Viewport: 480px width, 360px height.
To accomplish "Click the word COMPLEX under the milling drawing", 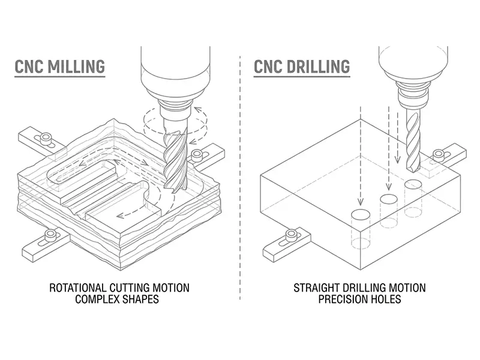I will (x=96, y=299).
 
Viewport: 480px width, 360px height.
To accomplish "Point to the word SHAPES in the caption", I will (x=141, y=299).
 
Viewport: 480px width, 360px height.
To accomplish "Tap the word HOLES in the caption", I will (x=386, y=299).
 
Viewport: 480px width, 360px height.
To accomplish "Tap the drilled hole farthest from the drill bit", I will (x=360, y=214).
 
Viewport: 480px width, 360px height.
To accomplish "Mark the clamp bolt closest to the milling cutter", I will (x=197, y=155).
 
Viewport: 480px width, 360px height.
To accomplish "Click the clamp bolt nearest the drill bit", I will (x=439, y=154).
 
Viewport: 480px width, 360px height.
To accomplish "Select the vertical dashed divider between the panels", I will (x=239, y=180).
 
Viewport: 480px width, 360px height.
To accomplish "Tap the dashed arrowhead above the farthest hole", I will (x=360, y=202).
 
